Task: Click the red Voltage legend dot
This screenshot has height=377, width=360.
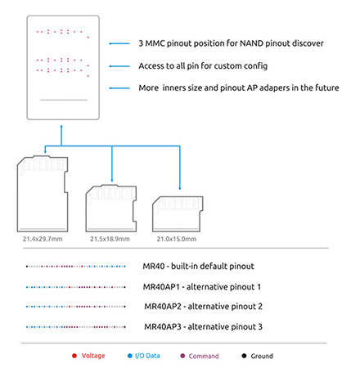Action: pos(74,356)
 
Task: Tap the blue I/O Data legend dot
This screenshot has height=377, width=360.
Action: pos(130,356)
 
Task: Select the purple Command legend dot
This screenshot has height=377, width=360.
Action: pos(182,356)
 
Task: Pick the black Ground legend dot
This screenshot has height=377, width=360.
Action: pos(244,356)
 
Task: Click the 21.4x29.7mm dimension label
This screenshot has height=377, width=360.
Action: pos(43,239)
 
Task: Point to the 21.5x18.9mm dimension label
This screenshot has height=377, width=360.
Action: pos(110,239)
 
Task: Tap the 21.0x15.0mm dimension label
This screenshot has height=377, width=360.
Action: pos(177,239)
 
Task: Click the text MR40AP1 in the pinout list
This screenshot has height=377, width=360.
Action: pos(161,287)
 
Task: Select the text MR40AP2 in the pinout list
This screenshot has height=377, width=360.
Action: pos(163,307)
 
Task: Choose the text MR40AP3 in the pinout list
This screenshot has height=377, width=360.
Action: pos(163,326)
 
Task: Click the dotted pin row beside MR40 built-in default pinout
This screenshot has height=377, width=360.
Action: pos(76,267)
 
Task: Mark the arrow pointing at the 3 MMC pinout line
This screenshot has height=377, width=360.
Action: pos(119,43)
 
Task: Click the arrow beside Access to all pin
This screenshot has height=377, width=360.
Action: pos(119,66)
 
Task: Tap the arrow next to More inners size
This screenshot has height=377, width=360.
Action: pos(119,88)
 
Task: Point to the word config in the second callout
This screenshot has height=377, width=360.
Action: pos(255,66)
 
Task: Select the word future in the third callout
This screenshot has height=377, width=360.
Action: pos(327,88)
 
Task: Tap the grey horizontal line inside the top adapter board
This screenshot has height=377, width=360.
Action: pos(64,100)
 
